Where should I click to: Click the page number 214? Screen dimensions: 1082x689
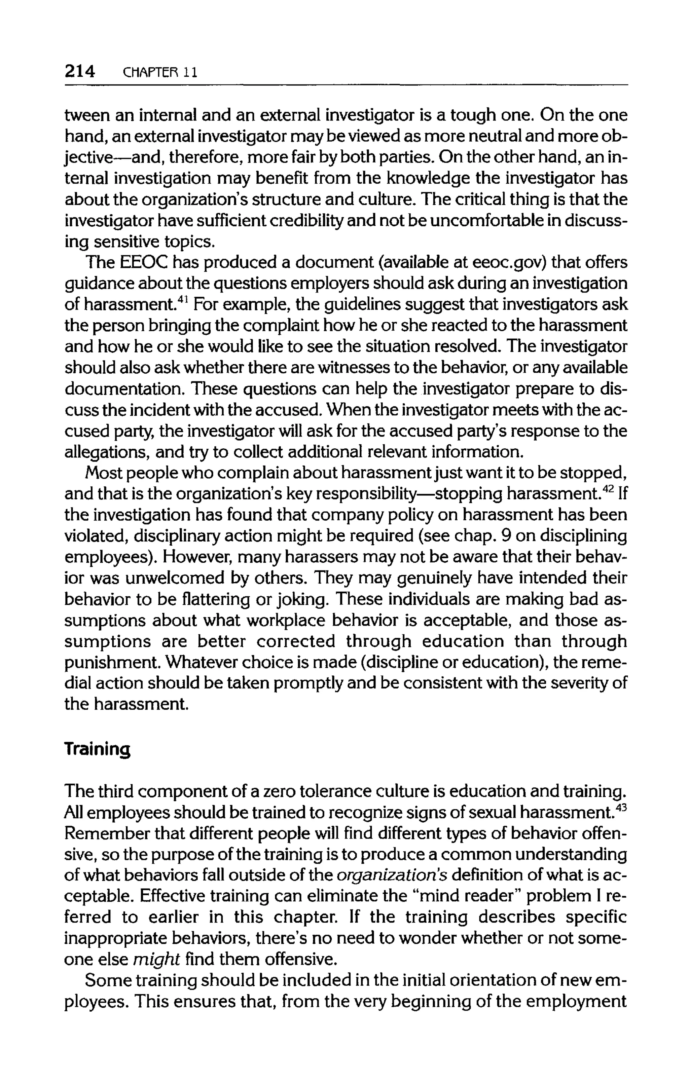[79, 71]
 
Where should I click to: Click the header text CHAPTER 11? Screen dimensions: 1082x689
[159, 72]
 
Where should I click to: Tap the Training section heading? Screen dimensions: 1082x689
[97, 749]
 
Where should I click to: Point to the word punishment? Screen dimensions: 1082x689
[108, 663]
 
